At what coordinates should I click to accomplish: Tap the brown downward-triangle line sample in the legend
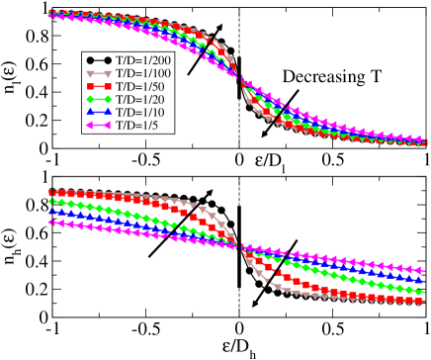99,74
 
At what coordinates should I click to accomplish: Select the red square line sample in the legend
99,87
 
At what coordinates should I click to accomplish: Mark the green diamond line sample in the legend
99,100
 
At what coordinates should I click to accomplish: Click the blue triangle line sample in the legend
99,113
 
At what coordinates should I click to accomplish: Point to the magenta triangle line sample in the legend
99,126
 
